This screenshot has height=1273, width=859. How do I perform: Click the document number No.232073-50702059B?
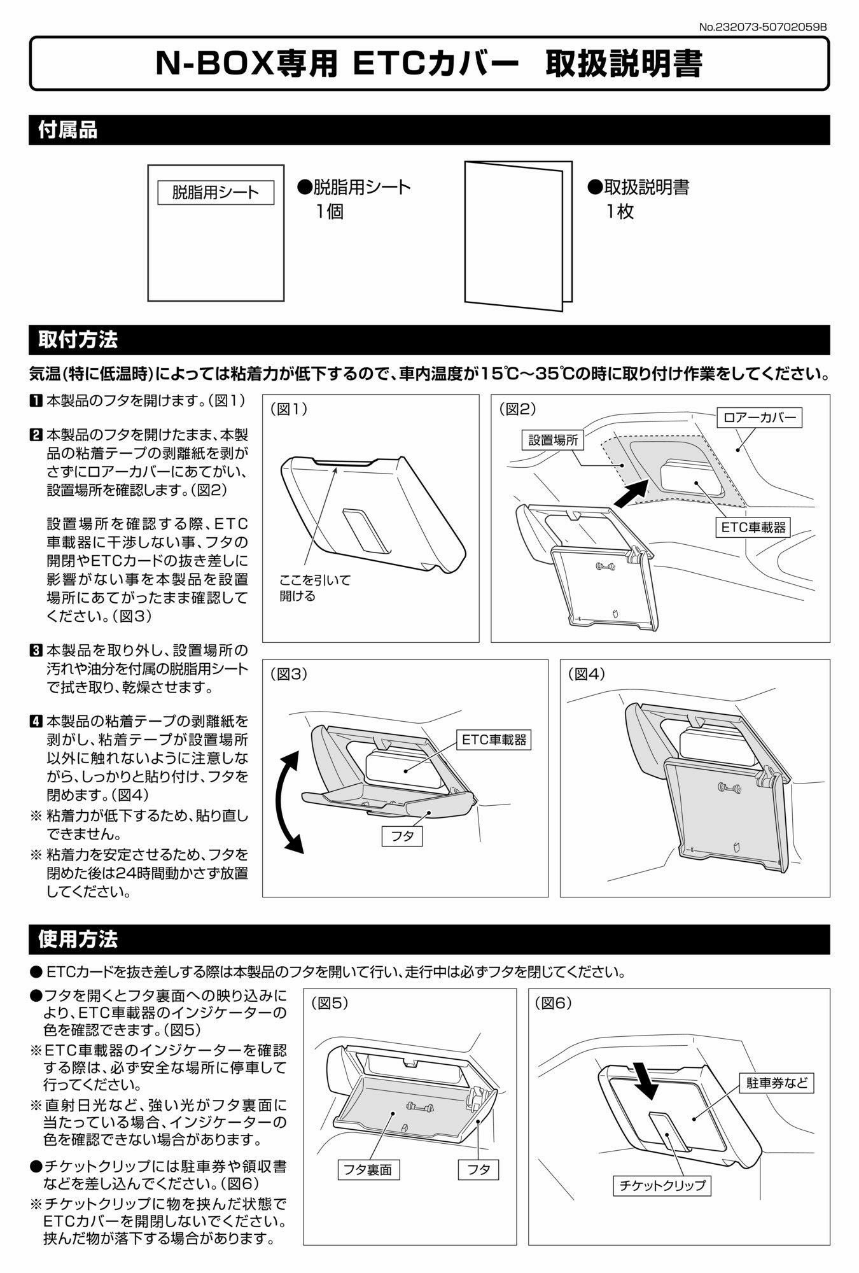pyautogui.click(x=763, y=27)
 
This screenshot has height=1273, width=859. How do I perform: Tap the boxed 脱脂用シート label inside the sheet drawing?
pyautogui.click(x=216, y=192)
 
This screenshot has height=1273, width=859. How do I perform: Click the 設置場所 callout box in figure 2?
pyautogui.click(x=552, y=440)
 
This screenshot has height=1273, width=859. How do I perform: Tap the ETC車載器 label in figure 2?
pyautogui.click(x=753, y=527)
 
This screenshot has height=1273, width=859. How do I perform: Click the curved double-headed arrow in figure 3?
pyautogui.click(x=290, y=801)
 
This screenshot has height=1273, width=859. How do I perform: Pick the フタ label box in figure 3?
pyautogui.click(x=403, y=836)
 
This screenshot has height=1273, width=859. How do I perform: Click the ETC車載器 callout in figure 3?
pyautogui.click(x=494, y=739)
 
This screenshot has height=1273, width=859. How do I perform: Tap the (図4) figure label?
pyautogui.click(x=587, y=674)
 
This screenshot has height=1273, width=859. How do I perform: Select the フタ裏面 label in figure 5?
pyautogui.click(x=368, y=1169)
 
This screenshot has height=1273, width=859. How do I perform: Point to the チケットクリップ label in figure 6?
pyautogui.click(x=662, y=1185)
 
